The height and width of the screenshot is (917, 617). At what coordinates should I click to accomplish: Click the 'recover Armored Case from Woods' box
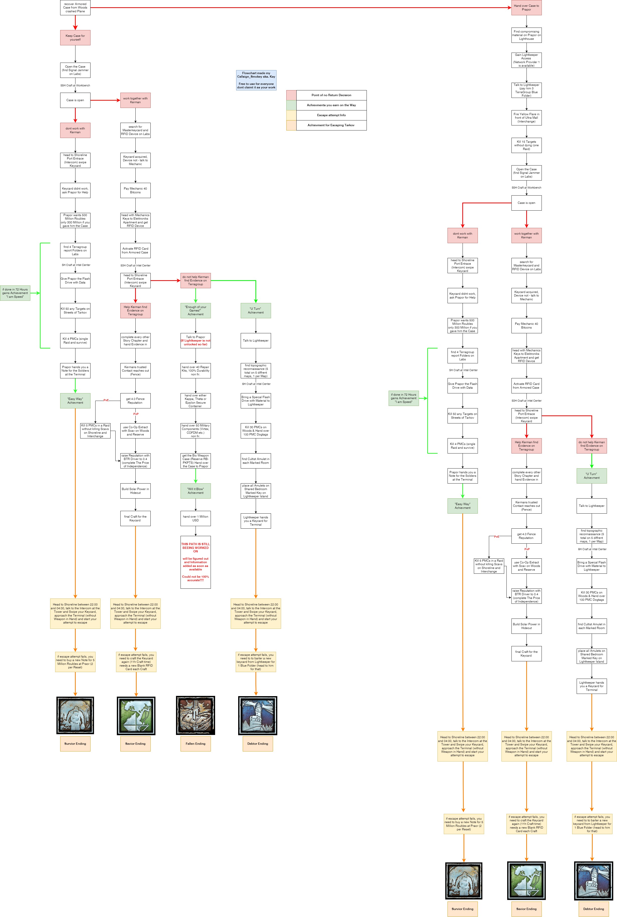[x=75, y=8]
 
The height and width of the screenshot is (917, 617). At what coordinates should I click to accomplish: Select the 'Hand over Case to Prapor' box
[x=526, y=8]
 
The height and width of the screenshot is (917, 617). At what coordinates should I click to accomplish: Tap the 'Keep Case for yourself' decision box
[x=75, y=37]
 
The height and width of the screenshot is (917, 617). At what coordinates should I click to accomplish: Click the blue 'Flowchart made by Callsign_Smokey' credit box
[x=256, y=80]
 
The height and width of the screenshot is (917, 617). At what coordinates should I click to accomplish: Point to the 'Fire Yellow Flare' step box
[x=526, y=117]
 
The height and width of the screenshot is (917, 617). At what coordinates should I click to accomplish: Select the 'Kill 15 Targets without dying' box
[x=526, y=145]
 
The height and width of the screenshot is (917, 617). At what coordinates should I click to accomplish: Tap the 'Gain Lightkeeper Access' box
[x=526, y=60]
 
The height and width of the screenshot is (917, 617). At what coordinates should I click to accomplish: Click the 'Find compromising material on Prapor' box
[x=526, y=35]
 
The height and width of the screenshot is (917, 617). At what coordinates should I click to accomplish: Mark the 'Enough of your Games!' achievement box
[x=196, y=311]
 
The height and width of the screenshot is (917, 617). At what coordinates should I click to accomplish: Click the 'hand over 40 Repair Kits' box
[x=196, y=371]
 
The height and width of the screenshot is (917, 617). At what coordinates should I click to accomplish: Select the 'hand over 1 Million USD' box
[x=196, y=518]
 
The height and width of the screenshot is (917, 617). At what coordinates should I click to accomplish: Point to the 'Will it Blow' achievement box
[x=196, y=491]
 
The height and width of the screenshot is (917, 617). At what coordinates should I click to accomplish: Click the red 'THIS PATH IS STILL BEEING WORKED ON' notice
[x=196, y=562]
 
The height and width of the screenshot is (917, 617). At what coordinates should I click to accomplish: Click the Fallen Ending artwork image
[x=196, y=715]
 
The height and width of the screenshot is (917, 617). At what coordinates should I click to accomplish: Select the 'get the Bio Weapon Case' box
[x=196, y=461]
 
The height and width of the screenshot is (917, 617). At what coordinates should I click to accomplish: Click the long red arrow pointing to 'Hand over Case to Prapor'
[x=299, y=8]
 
